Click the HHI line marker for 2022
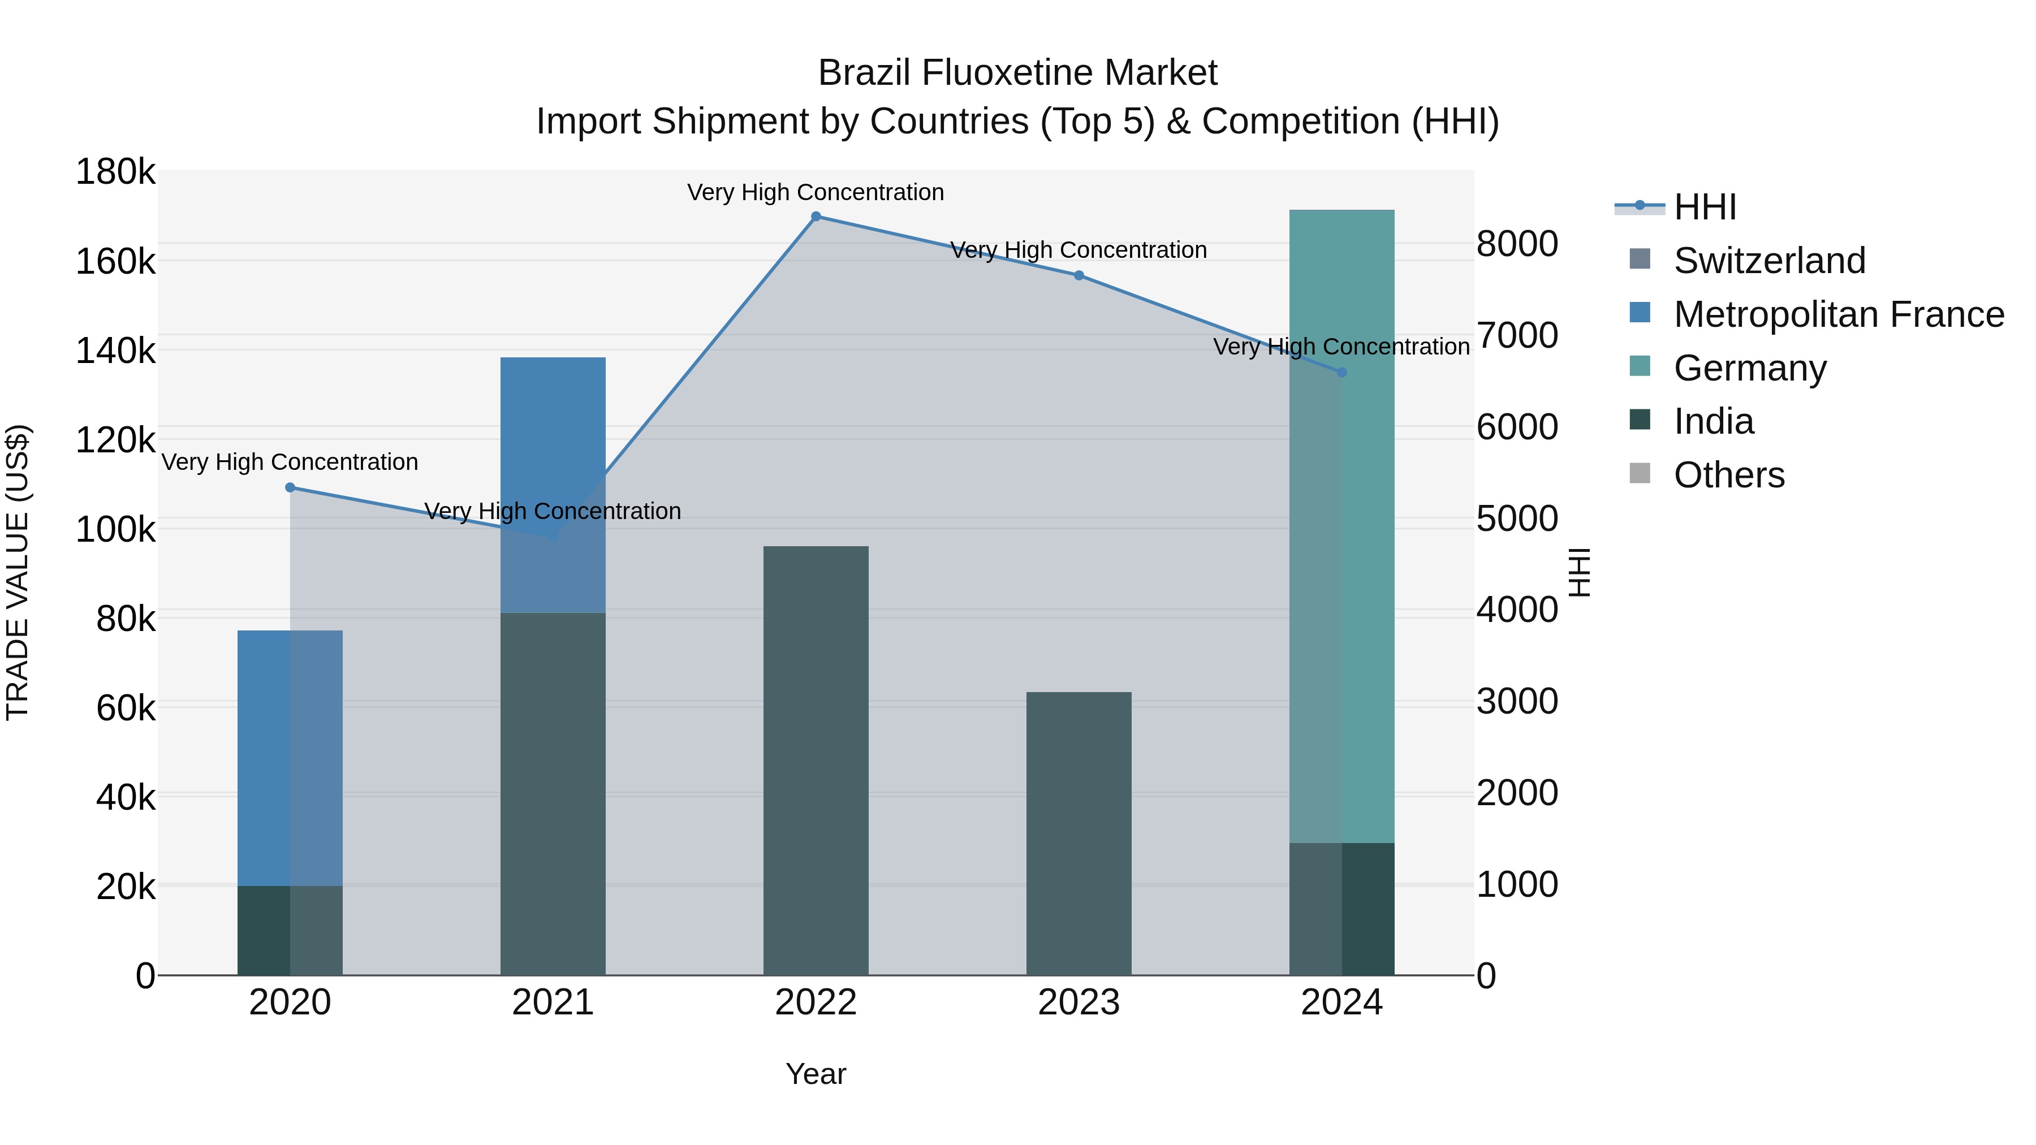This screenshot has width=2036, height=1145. tap(816, 217)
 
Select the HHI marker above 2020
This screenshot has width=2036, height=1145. tap(290, 487)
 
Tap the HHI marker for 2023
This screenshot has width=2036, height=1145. tap(1079, 276)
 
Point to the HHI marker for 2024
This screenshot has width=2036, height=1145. tap(1341, 372)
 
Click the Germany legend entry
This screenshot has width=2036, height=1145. tap(1749, 368)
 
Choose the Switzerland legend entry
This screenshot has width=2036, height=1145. tap(1769, 261)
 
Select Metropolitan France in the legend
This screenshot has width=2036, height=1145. tap(1839, 314)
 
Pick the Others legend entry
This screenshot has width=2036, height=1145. tap(1728, 476)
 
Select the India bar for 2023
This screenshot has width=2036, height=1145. tap(1079, 833)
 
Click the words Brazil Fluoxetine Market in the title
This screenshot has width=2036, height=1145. tap(1017, 74)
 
